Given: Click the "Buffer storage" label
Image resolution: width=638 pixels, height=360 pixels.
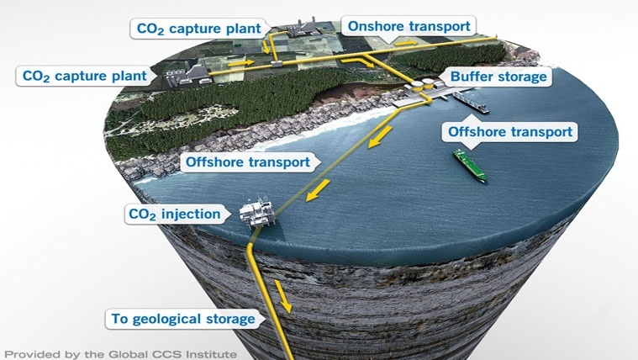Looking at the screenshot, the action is click(x=498, y=77).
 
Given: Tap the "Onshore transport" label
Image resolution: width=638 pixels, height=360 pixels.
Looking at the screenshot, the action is click(x=409, y=26).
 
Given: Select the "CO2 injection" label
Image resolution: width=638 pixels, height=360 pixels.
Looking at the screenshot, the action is click(x=175, y=214).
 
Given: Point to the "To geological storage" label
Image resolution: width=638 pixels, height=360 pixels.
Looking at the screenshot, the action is click(x=183, y=319).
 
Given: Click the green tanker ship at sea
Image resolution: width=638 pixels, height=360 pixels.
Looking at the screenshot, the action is click(x=470, y=166).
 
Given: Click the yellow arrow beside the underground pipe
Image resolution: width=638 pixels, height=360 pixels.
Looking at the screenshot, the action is click(x=283, y=296).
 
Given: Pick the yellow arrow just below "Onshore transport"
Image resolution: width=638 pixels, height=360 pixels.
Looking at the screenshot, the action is click(x=406, y=42).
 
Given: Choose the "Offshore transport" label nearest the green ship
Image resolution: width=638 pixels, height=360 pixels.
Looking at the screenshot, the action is click(x=510, y=132).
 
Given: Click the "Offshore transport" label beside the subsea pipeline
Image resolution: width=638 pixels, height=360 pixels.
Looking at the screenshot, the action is click(x=248, y=162).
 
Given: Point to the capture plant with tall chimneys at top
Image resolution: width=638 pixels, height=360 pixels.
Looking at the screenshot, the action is click(x=302, y=27).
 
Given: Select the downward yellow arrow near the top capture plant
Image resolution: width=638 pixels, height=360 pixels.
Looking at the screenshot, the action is click(x=266, y=47).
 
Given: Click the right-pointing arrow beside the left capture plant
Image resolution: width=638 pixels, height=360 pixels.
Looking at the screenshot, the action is click(x=241, y=63).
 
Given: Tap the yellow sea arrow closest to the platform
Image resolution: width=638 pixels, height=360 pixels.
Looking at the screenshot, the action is click(x=318, y=190).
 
